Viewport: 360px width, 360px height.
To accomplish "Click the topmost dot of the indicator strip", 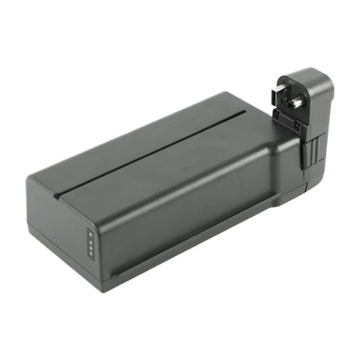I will pyautogui.click(x=89, y=232).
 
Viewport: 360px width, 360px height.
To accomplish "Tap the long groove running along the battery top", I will pyautogui.click(x=150, y=150).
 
